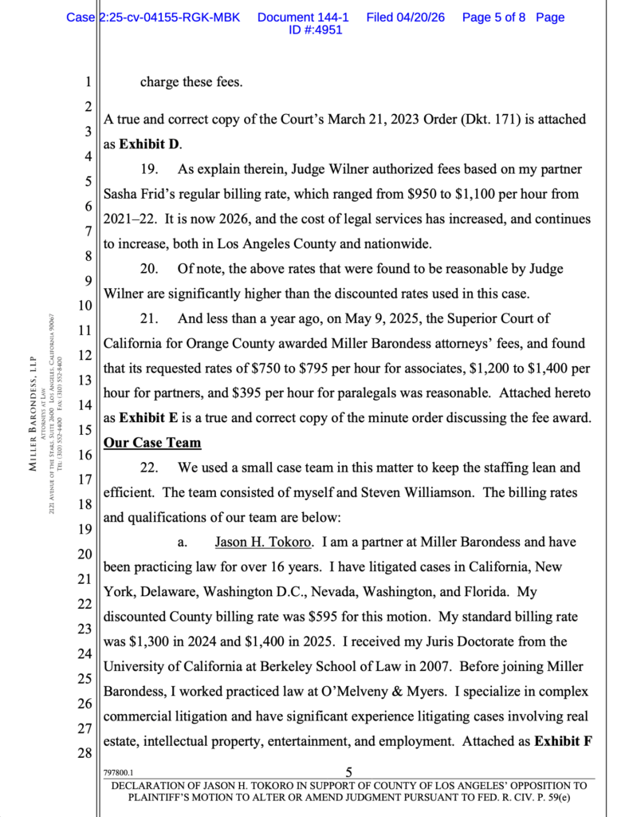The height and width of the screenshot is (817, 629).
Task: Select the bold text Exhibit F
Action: (564, 740)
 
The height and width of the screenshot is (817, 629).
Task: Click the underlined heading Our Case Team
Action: (152, 442)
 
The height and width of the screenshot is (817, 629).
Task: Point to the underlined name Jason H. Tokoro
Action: (262, 543)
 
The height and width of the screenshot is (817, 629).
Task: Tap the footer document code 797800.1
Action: (118, 772)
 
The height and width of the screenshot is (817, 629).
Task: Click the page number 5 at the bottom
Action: (348, 772)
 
